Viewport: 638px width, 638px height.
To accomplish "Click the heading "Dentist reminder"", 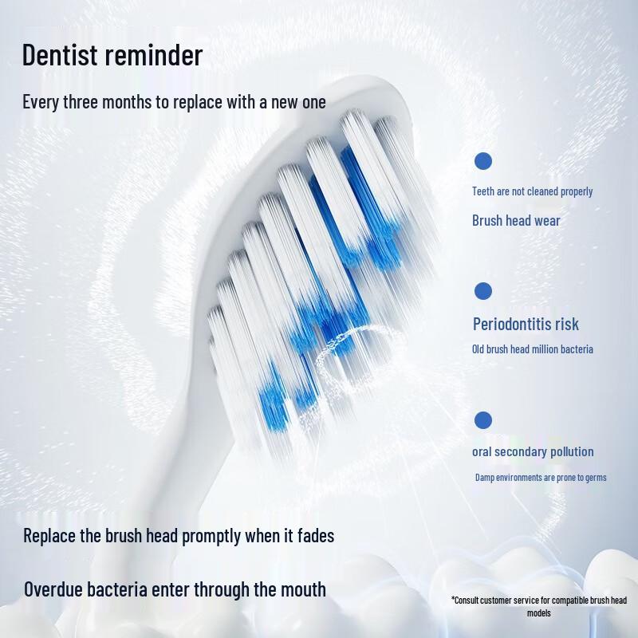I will click(112, 56).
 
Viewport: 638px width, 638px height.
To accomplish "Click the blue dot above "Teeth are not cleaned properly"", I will click(483, 161).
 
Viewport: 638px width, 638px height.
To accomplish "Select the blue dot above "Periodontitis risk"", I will click(483, 291).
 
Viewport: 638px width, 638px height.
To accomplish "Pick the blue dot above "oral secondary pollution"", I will click(483, 419).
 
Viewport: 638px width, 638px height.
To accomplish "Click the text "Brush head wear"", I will click(516, 221).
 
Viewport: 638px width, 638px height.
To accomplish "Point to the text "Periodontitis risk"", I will click(526, 324).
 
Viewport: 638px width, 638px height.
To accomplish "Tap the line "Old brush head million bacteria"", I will click(532, 349).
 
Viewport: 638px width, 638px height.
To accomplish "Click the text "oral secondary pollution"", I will click(533, 451).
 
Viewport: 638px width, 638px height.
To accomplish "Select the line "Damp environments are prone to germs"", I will click(541, 478).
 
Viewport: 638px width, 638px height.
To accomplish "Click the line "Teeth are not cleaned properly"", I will click(532, 191).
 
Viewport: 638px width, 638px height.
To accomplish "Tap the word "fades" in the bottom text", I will click(313, 536).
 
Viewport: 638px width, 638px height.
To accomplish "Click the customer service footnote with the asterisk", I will click(539, 606).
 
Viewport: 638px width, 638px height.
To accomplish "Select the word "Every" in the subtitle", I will click(41, 102).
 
